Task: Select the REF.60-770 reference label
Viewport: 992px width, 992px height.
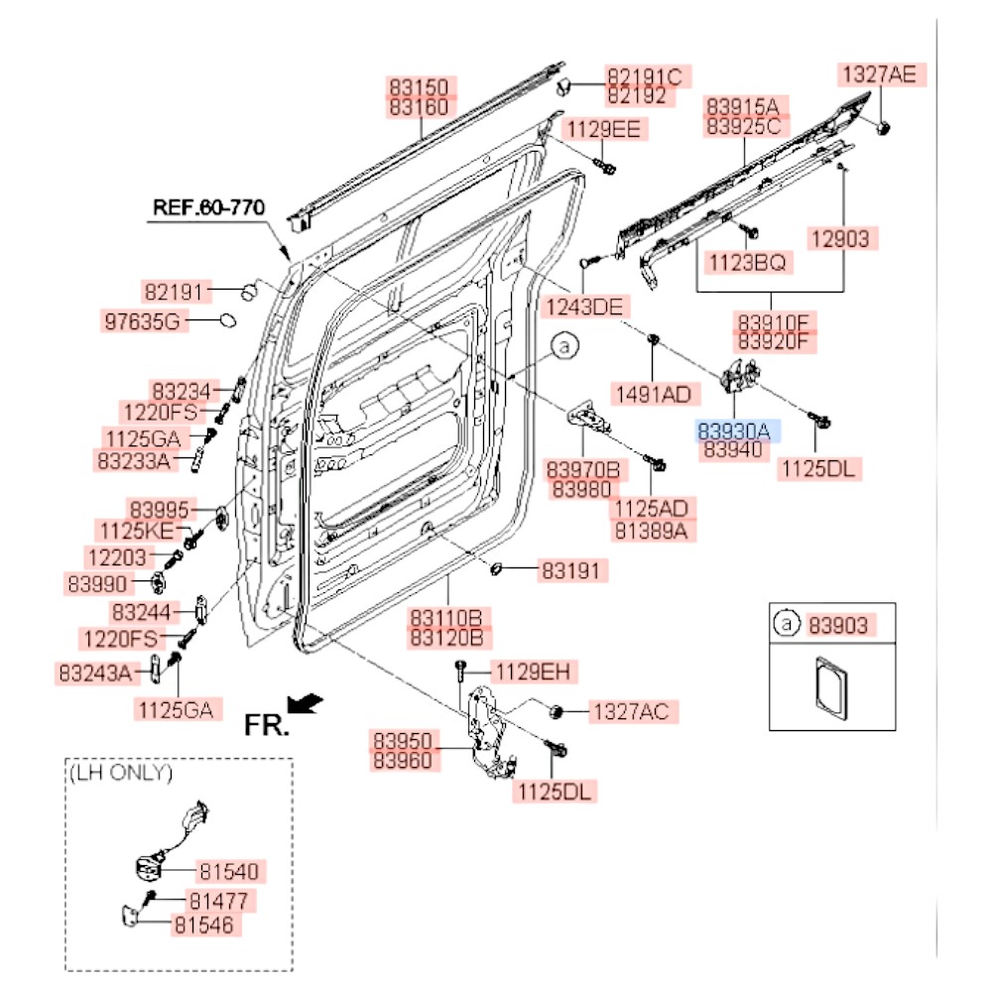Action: pyautogui.click(x=208, y=207)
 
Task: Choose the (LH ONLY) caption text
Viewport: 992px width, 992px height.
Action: pyautogui.click(x=119, y=772)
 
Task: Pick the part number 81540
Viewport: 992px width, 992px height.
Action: pyautogui.click(x=228, y=872)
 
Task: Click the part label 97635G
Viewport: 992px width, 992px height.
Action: pyautogui.click(x=143, y=320)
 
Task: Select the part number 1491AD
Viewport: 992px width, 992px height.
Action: pyautogui.click(x=652, y=394)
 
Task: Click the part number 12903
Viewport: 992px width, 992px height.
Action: pyautogui.click(x=836, y=238)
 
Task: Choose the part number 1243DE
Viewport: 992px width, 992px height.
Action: pyautogui.click(x=584, y=307)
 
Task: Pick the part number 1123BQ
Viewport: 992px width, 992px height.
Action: pyautogui.click(x=747, y=263)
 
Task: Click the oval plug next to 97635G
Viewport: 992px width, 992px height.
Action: pyautogui.click(x=226, y=320)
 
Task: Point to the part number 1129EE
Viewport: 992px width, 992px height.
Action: pyautogui.click(x=604, y=128)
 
